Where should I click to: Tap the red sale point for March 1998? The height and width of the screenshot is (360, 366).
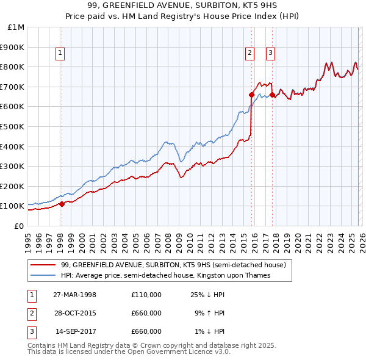tap(62, 204)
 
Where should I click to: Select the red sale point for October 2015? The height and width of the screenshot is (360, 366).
tap(251, 95)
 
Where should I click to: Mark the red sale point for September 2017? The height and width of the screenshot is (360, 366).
tap(272, 95)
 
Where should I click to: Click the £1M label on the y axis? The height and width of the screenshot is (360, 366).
tap(16, 27)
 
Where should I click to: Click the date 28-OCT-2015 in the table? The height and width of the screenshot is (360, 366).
tap(74, 313)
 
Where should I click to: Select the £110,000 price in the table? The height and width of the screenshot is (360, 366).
tap(146, 295)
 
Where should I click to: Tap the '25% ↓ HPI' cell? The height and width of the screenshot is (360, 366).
tap(207, 295)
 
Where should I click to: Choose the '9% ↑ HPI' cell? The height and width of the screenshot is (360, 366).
tap(209, 313)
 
